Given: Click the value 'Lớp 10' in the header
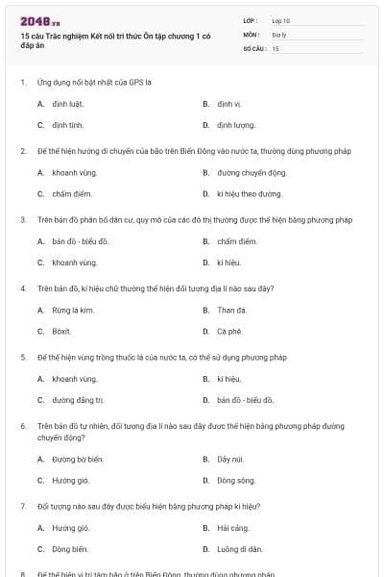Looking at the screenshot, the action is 280,20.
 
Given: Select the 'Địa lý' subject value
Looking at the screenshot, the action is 278,34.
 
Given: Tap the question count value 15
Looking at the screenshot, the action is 276,47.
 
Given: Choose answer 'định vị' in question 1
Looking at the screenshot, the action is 228,103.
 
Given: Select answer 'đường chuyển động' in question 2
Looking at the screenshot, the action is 252,172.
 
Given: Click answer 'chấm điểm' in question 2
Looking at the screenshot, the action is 71,193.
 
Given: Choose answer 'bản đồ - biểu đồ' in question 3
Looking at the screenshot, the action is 81,241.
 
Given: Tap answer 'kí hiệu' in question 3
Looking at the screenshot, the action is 228,263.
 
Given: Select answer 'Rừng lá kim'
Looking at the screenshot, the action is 73,310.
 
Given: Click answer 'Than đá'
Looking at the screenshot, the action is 231,310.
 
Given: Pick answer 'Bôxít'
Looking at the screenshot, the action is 61,331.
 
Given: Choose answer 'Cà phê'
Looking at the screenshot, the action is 228,331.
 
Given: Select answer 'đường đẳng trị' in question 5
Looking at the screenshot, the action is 78,400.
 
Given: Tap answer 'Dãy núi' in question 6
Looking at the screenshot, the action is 230,459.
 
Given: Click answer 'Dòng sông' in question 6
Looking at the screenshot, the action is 235,480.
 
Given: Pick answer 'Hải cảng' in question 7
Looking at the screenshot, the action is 232,528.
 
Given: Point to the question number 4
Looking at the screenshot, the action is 23,288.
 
